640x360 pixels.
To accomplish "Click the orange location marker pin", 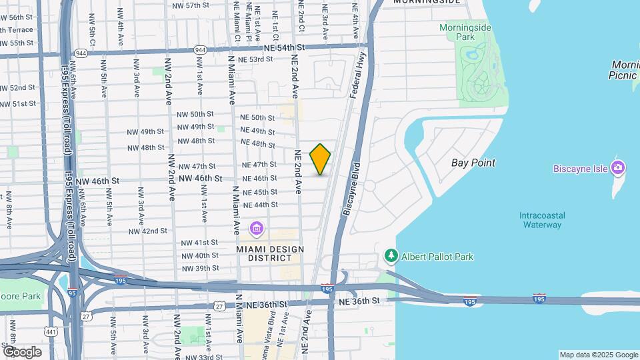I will [x=321, y=159].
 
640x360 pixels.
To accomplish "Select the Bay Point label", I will [x=473, y=163].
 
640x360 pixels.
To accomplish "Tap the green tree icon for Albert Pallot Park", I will [x=391, y=256].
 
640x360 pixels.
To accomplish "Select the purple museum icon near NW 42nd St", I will [x=257, y=229].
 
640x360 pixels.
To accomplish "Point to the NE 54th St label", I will [x=283, y=47].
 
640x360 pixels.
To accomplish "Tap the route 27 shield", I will [x=219, y=306].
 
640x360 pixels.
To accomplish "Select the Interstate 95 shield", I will [x=72, y=291].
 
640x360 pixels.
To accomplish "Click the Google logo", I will [x=22, y=351].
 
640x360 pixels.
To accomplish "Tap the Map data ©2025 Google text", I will [x=598, y=355].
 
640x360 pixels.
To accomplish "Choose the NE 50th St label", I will [x=257, y=118].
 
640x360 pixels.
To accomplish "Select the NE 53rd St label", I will [x=256, y=59].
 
